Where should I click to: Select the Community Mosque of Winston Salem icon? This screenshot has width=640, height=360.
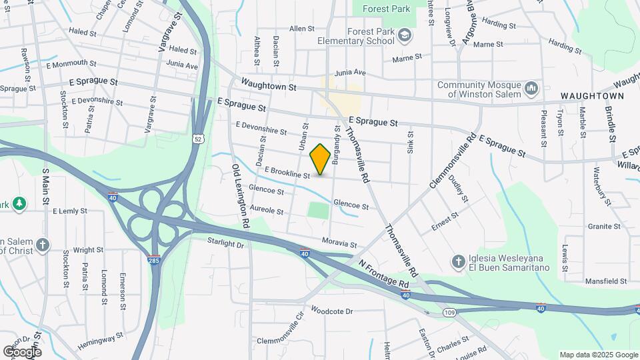click(x=531, y=89)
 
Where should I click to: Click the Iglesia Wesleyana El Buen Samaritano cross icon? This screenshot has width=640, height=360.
click(x=458, y=262)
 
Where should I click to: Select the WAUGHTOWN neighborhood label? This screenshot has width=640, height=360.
click(x=592, y=96)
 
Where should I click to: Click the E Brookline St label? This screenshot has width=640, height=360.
click(x=287, y=173)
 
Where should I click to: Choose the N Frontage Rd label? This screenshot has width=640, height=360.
click(x=383, y=273)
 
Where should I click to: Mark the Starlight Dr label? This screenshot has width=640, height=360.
click(x=225, y=244)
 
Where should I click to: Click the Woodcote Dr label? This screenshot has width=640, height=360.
click(x=331, y=311)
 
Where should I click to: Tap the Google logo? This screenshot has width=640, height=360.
click(x=21, y=352)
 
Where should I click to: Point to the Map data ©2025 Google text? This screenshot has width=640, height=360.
click(x=598, y=355)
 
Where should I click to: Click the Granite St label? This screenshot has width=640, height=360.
click(x=604, y=227)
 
